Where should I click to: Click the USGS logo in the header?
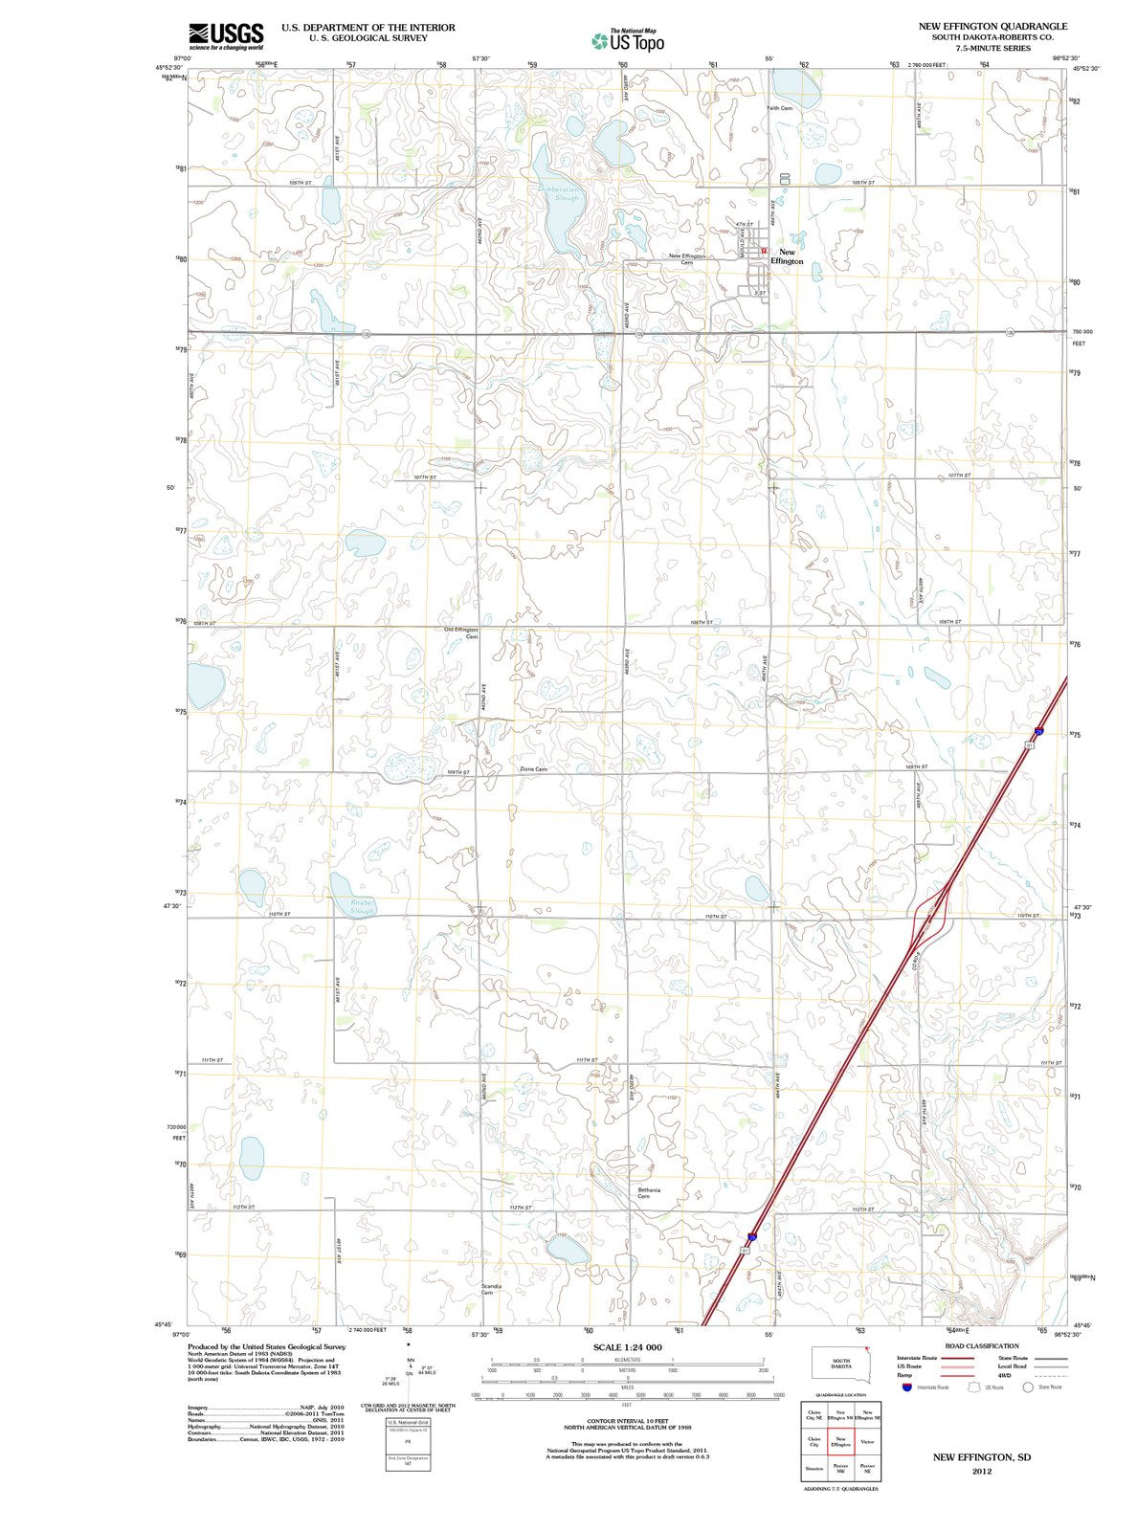coord(226,36)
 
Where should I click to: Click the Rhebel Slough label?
coord(362,906)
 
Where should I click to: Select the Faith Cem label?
coord(779,108)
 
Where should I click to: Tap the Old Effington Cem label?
coord(461,632)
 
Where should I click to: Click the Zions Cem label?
coord(533,769)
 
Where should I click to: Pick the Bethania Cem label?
coord(649,1193)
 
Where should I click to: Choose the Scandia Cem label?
coord(491,1290)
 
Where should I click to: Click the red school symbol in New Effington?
coord(765,251)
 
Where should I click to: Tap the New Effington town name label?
coord(787,256)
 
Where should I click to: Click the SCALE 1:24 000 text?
coord(627,1347)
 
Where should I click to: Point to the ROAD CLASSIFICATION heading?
coord(982,1346)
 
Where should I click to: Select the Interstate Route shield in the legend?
coord(906,1387)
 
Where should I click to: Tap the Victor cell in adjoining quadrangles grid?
coord(867,1441)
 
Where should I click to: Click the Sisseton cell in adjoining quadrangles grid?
coord(814,1468)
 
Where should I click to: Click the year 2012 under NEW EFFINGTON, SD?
coord(982,1472)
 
